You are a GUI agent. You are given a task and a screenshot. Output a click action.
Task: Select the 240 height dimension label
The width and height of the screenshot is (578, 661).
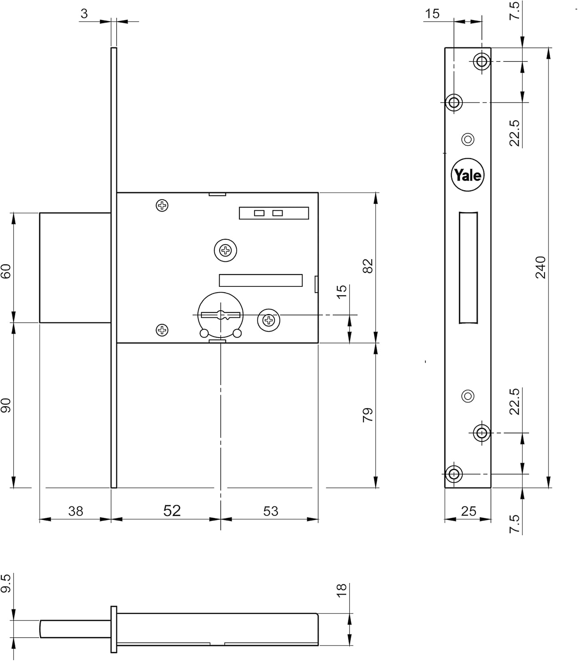(x=541, y=267)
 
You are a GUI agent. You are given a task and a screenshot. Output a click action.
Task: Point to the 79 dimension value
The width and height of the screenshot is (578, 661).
(x=367, y=415)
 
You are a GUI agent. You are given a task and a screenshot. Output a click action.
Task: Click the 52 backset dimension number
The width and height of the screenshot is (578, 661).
(x=172, y=510)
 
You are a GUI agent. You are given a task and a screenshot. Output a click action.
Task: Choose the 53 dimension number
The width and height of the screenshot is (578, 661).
(x=271, y=511)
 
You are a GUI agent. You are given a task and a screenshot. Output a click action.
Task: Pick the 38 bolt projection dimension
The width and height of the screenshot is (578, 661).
(x=76, y=511)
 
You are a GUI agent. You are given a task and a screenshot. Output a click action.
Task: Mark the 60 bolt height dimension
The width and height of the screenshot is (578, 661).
(x=6, y=271)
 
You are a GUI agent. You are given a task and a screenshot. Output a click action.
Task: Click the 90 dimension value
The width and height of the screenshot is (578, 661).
(x=6, y=405)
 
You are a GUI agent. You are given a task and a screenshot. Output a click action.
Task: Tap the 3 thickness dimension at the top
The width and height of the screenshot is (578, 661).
(x=84, y=14)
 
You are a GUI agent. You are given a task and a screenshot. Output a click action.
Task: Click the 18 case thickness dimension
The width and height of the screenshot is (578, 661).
(x=342, y=590)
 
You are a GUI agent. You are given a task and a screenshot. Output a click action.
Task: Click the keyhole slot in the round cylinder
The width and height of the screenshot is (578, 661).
(x=220, y=315)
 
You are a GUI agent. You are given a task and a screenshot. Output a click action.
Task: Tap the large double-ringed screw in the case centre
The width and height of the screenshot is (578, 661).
(x=226, y=251)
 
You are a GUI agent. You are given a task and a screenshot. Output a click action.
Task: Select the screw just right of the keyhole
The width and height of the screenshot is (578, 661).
(x=268, y=320)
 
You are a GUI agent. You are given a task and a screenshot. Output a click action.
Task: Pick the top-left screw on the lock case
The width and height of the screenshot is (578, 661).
(x=162, y=205)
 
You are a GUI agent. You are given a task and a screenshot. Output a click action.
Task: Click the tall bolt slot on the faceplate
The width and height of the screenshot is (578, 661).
(x=468, y=267)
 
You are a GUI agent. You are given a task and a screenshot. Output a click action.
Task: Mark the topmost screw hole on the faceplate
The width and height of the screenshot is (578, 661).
(x=482, y=61)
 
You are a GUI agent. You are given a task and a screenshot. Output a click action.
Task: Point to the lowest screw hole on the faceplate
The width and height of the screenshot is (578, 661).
(x=454, y=474)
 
